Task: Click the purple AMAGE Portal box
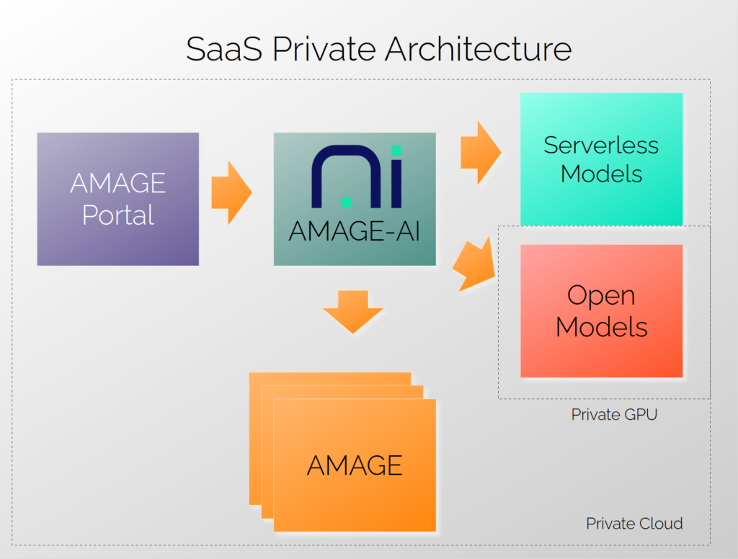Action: pyautogui.click(x=118, y=199)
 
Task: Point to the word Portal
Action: pyautogui.click(x=118, y=215)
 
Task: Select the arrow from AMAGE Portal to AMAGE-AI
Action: pyautogui.click(x=231, y=192)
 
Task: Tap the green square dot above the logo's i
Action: pyautogui.click(x=396, y=151)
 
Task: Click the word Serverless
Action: pyautogui.click(x=601, y=145)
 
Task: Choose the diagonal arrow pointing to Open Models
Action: pyautogui.click(x=476, y=264)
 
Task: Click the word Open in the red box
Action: pyautogui.click(x=601, y=295)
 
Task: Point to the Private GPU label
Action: pyautogui.click(x=614, y=415)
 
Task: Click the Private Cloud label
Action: pyautogui.click(x=634, y=524)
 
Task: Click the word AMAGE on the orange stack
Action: pyautogui.click(x=355, y=465)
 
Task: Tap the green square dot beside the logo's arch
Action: pyautogui.click(x=346, y=202)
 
